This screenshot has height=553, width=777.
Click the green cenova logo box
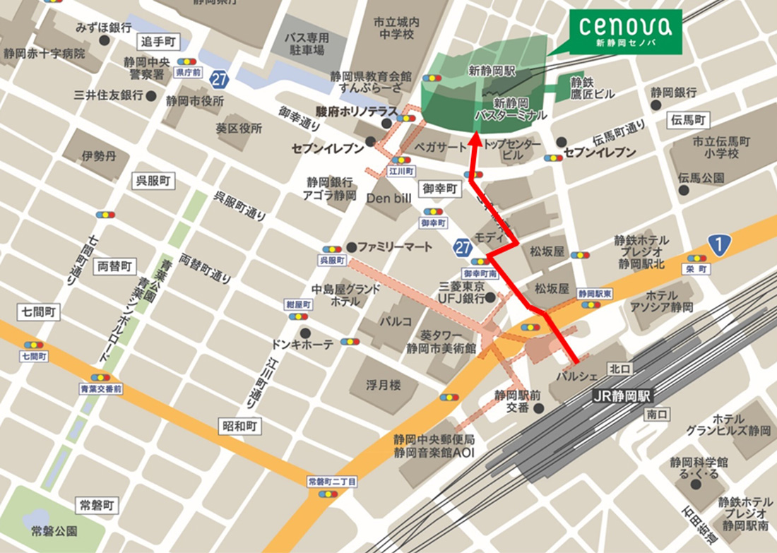point(626,32)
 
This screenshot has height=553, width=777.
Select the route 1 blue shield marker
point(718,246)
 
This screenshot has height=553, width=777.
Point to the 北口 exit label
point(619,368)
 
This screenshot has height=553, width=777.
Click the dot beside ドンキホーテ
point(304,333)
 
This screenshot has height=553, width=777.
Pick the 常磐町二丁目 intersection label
point(332,481)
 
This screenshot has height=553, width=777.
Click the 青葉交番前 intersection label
point(100,389)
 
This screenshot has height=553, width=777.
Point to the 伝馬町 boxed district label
point(687,121)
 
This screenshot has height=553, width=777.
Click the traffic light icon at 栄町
point(696,258)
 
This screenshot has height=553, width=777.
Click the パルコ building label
point(396,321)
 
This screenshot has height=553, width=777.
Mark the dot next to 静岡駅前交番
point(538,408)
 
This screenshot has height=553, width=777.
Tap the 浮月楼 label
point(384,386)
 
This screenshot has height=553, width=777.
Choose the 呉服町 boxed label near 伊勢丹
point(153,181)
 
